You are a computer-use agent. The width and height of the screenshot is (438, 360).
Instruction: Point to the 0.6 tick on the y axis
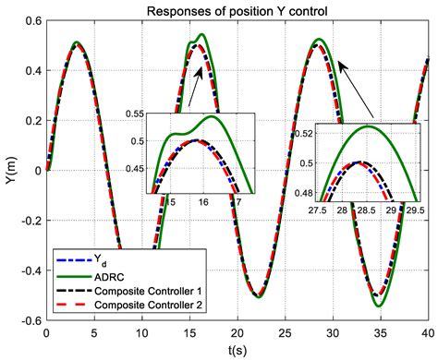click(x=30, y=22)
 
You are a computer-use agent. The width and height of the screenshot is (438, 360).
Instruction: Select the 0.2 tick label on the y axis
click(x=30, y=121)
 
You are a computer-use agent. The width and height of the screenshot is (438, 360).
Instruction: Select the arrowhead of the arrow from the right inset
click(x=338, y=62)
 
